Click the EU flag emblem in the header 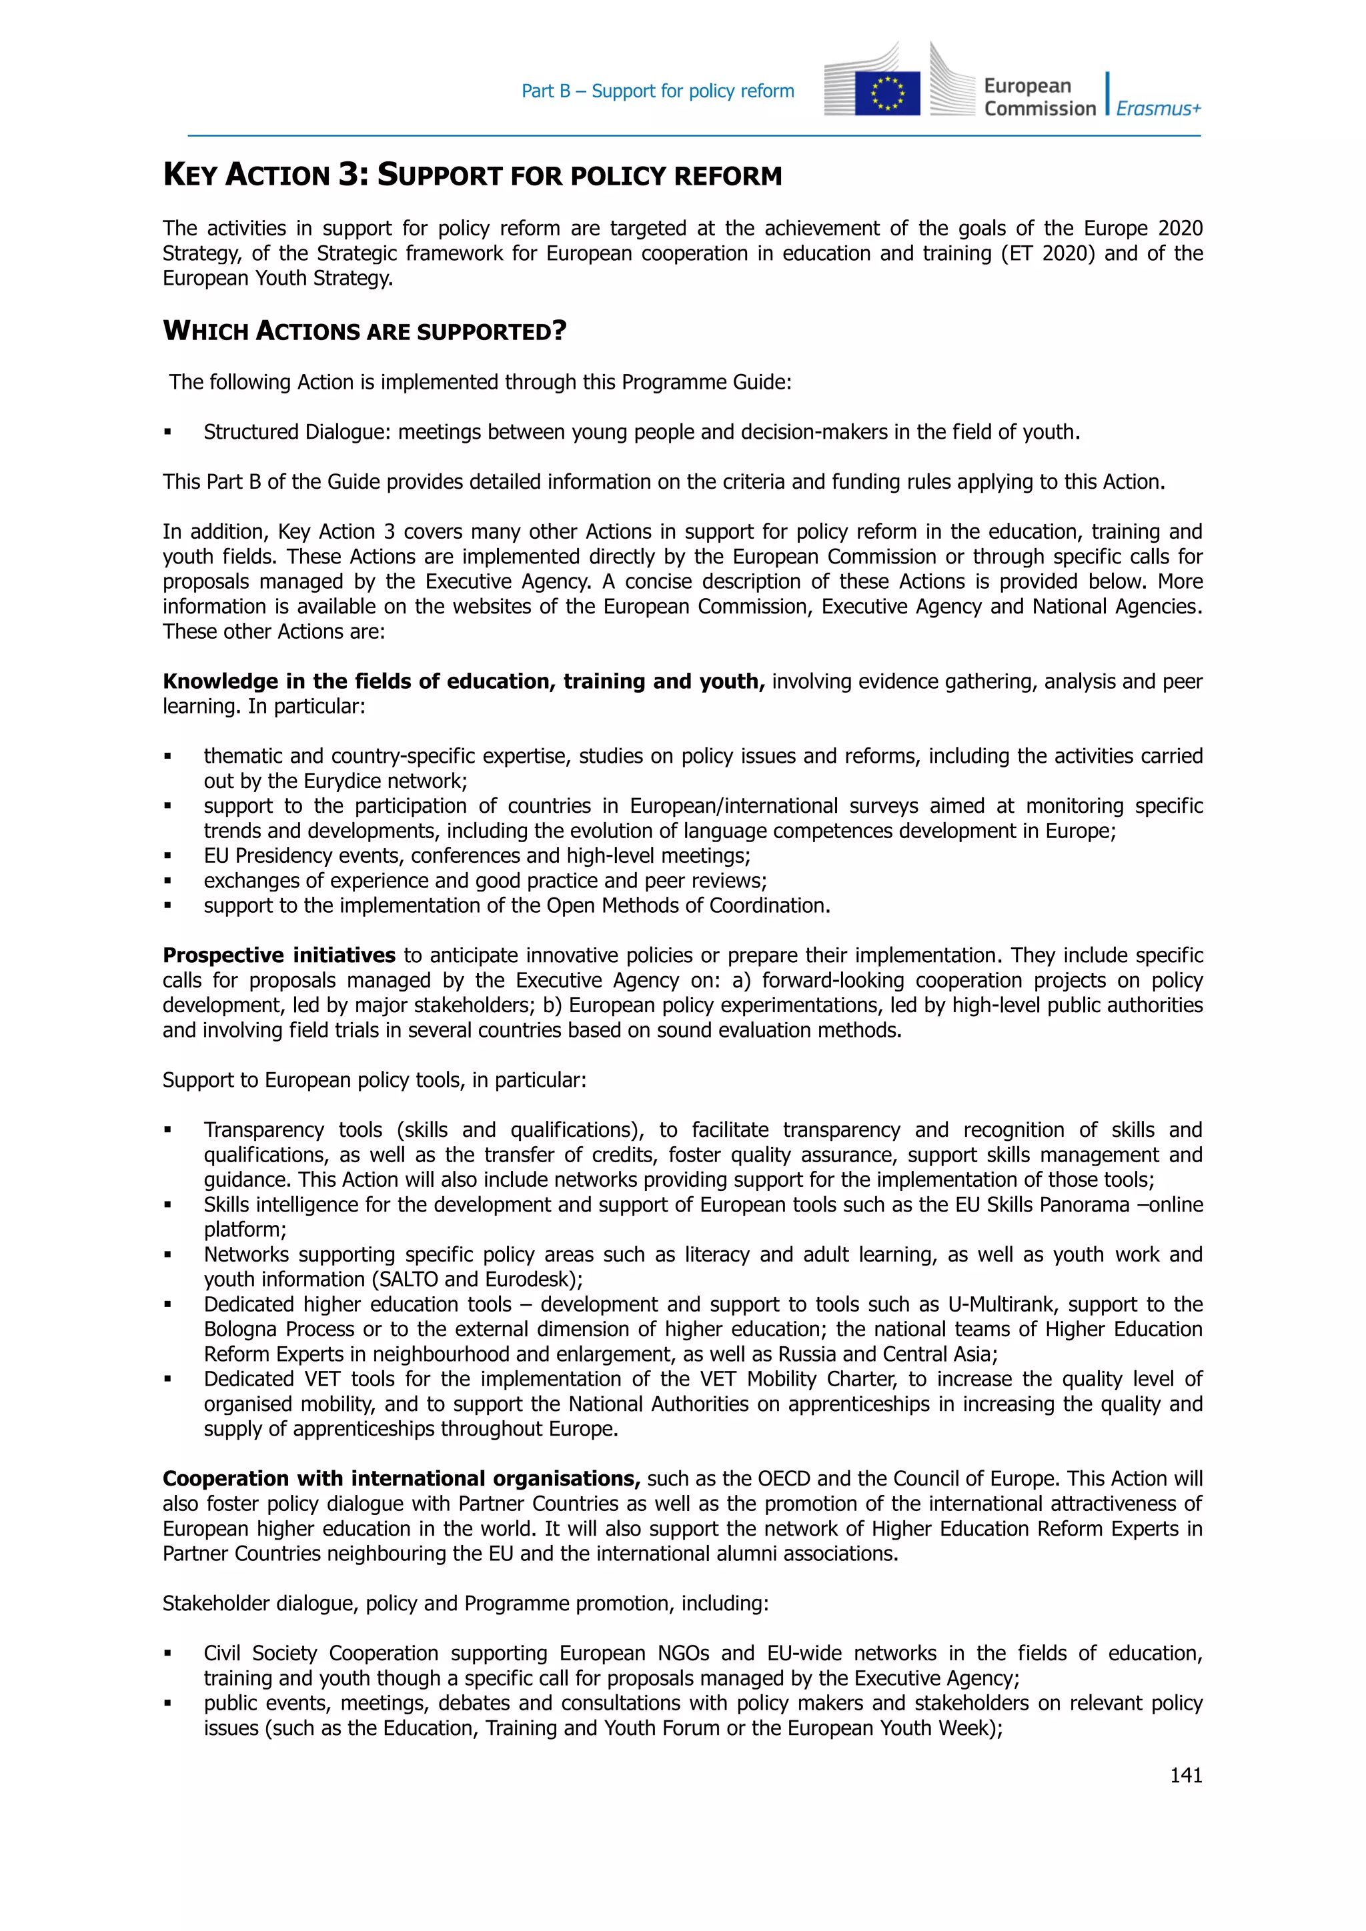(x=886, y=93)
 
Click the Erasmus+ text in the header (x=1159, y=109)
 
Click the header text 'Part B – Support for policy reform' (x=657, y=91)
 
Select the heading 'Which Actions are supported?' (x=364, y=331)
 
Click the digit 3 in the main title (x=350, y=174)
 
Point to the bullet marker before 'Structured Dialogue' (x=168, y=432)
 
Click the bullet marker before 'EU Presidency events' (x=168, y=856)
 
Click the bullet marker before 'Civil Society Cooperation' (x=168, y=1654)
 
